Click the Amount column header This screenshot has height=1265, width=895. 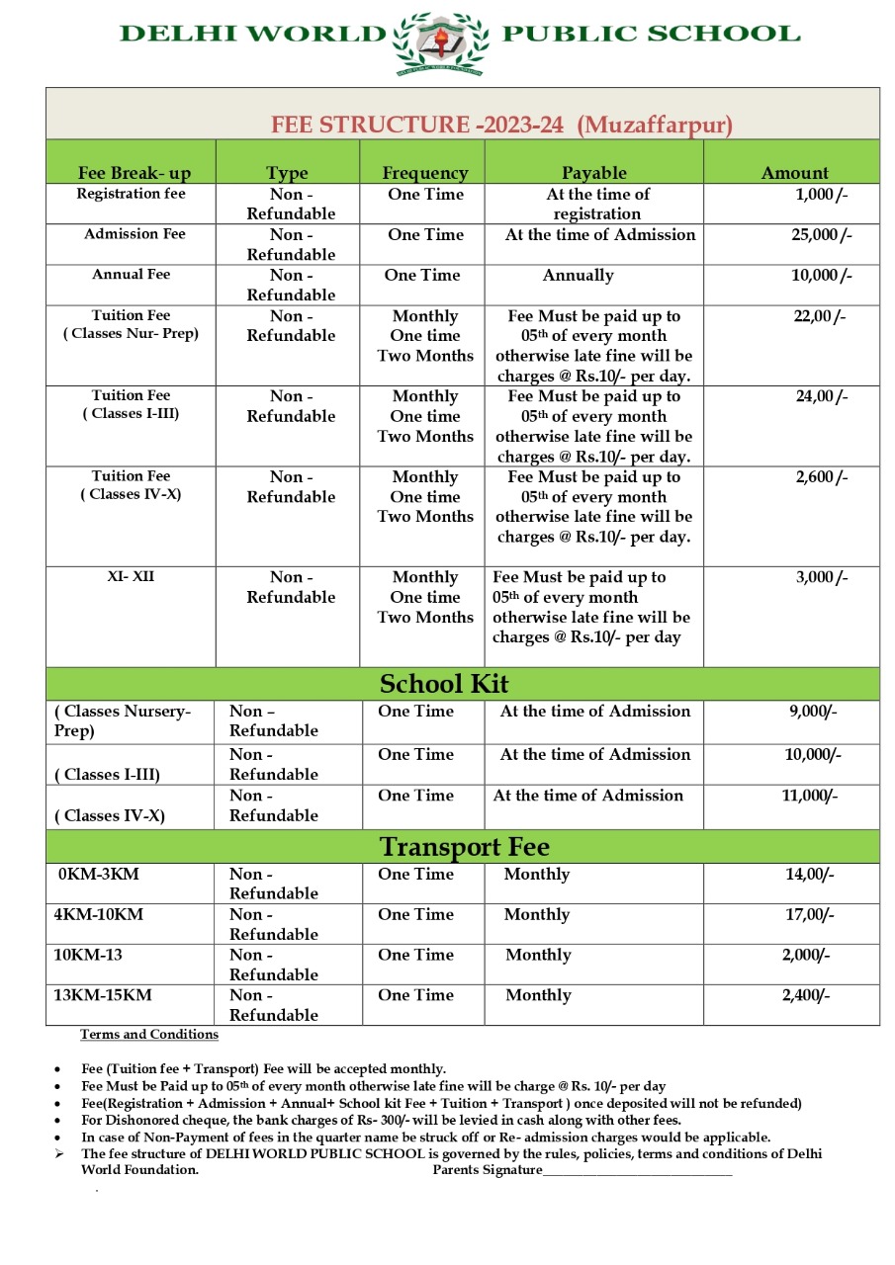(x=794, y=173)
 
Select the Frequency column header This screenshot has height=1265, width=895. (x=425, y=173)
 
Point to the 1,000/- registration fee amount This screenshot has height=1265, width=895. (x=822, y=195)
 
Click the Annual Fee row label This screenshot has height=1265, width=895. (x=132, y=275)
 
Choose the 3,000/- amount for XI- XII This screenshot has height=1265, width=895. (x=822, y=577)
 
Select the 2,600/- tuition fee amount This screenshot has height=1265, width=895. (x=822, y=477)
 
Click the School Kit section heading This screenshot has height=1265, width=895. (x=444, y=684)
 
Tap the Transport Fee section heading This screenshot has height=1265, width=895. (x=465, y=847)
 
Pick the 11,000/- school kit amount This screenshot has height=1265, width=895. (x=810, y=796)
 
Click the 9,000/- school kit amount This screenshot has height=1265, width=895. (x=813, y=712)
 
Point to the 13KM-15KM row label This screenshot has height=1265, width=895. (x=103, y=995)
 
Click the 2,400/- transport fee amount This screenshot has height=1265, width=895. (x=806, y=995)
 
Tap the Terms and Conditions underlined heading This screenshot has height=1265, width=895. (x=149, y=1035)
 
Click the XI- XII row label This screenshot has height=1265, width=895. (x=131, y=577)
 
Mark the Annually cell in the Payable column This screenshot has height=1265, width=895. (x=578, y=276)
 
